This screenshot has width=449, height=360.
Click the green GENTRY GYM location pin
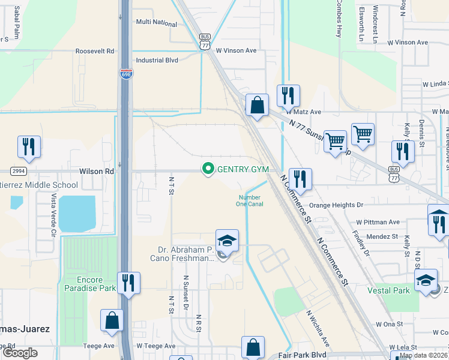(208, 170)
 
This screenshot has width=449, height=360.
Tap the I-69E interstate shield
(125, 73)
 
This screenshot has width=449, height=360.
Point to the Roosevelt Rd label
(95, 52)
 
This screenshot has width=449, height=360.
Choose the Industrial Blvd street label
(157, 61)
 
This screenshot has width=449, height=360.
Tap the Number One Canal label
(251, 201)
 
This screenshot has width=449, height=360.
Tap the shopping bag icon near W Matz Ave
(257, 106)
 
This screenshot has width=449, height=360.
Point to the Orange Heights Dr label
(336, 205)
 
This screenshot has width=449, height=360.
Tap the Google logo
(20, 353)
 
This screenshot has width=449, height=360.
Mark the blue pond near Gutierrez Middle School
(77, 214)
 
